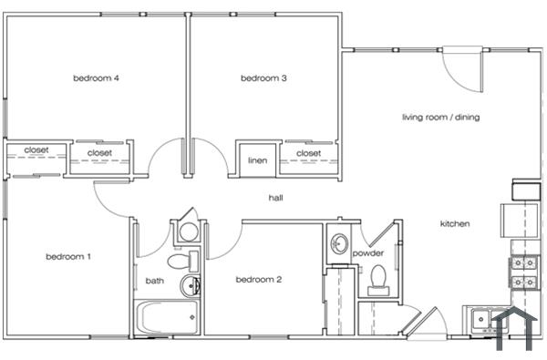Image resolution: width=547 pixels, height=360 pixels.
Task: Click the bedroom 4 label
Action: [97, 78]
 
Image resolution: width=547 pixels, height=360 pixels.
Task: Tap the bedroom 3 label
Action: [263, 78]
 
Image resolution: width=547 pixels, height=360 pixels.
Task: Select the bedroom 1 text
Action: [68, 256]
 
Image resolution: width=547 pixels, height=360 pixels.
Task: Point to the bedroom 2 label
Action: [258, 280]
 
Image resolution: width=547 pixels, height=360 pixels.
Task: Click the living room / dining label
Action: [441, 117]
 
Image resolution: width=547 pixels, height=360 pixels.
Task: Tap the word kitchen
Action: [455, 224]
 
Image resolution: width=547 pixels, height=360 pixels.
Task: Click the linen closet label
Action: [257, 161]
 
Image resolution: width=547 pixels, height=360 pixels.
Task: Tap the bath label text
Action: [154, 281]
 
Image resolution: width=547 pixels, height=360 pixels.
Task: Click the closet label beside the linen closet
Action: [308, 153]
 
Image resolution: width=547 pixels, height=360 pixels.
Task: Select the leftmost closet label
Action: [36, 150]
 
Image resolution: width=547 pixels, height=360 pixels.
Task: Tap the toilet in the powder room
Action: [377, 279]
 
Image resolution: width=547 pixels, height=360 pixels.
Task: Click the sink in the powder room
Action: [338, 244]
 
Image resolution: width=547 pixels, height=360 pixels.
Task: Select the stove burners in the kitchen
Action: [524, 273]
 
